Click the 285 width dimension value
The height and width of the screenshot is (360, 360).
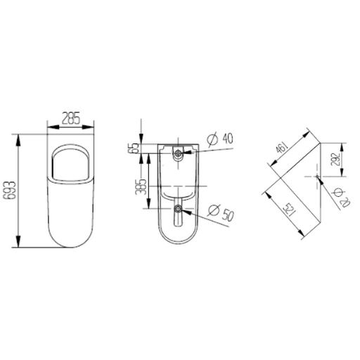pyautogui.click(x=71, y=118)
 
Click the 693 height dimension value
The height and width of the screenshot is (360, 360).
pyautogui.click(x=10, y=190)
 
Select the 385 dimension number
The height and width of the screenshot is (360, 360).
pyautogui.click(x=141, y=186)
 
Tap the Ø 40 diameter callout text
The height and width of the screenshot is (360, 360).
pyautogui.click(x=220, y=139)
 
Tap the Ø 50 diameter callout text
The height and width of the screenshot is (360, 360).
pyautogui.click(x=221, y=212)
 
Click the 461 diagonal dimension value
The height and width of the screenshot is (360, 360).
pyautogui.click(x=281, y=147)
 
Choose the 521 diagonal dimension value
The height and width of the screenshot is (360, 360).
pyautogui.click(x=290, y=210)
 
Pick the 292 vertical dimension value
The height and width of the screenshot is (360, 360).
pyautogui.click(x=335, y=160)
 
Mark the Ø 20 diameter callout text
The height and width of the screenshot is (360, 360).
pyautogui.click(x=342, y=198)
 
